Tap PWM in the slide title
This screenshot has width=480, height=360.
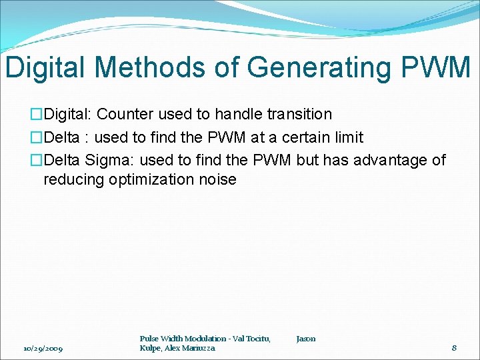[x=436, y=68]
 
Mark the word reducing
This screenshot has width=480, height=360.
[x=73, y=179]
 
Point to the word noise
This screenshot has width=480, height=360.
[x=218, y=179]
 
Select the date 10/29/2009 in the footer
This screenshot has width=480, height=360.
[x=43, y=348]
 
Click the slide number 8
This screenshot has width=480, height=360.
[x=454, y=347]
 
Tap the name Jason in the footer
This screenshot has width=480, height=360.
[x=306, y=339]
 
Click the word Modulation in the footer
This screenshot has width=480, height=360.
[x=201, y=339]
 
